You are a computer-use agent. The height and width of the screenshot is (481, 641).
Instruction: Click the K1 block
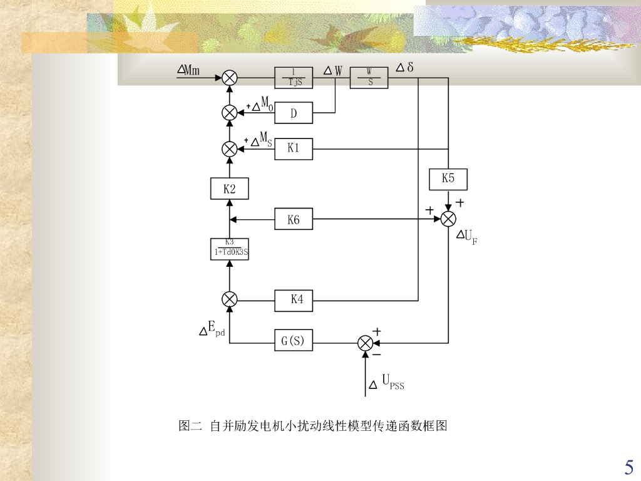point(294,149)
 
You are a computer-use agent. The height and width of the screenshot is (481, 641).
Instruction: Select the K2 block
point(230,189)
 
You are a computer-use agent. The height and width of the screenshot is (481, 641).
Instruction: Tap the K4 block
point(294,301)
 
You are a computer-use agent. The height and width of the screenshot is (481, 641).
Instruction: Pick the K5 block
point(448,179)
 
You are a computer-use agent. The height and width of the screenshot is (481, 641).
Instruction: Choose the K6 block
point(294,219)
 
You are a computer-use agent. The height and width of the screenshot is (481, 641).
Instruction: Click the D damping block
point(294,113)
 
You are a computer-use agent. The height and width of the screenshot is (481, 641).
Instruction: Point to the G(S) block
point(293,342)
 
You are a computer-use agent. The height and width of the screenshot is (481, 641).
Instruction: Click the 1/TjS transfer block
point(294,78)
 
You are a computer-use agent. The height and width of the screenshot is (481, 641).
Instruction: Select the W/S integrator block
point(369,78)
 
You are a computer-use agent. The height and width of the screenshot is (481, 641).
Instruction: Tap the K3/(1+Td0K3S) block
point(230,249)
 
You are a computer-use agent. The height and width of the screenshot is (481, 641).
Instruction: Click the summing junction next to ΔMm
point(230,78)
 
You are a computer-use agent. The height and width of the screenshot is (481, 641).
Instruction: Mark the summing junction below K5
point(448,219)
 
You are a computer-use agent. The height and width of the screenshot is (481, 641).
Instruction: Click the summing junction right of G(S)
point(365,343)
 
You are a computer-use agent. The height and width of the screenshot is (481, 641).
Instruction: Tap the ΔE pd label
point(212,328)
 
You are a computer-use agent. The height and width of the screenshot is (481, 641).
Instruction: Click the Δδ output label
point(406,67)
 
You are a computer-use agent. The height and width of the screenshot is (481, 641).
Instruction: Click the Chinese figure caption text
point(313,427)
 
